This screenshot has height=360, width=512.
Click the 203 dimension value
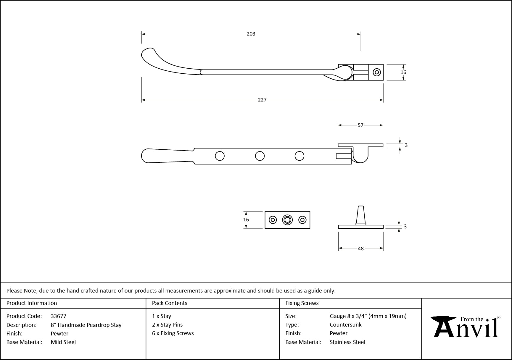tap(251, 34)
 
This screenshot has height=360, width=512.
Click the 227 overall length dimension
tap(262, 100)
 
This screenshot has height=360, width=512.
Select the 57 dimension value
tap(360, 125)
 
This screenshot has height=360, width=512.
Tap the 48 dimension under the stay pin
tap(360, 248)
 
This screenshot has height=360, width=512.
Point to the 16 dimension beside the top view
tap(403, 72)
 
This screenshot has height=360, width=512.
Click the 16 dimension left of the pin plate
tap(246, 219)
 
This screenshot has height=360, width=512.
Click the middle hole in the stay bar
tap(260, 156)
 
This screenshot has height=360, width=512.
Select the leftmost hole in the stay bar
tap(220, 156)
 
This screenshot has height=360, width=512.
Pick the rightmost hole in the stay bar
tap(299, 156)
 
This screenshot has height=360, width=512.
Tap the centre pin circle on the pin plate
tap(287, 220)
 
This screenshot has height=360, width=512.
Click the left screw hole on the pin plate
tap(273, 220)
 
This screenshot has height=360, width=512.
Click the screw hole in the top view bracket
tap(376, 72)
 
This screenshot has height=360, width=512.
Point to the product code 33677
tap(59, 316)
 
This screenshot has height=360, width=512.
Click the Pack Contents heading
tap(170, 303)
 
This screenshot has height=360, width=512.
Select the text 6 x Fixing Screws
tap(173, 333)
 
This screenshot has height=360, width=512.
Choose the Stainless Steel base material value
tap(347, 342)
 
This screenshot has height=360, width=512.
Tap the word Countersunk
tap(345, 325)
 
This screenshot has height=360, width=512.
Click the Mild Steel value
tap(63, 342)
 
